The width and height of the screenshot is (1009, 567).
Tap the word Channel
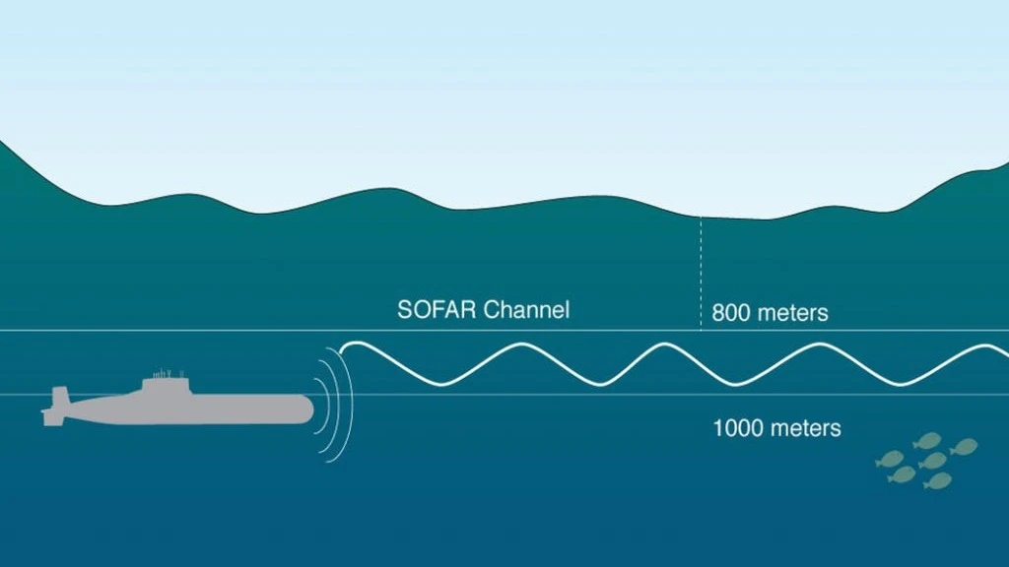click(527, 309)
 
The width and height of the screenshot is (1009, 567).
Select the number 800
click(731, 314)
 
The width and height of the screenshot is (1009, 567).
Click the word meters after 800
click(792, 314)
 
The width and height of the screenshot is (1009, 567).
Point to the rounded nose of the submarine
click(306, 408)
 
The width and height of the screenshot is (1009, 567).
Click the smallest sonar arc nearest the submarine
click(321, 408)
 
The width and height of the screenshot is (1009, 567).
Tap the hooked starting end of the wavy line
click(343, 348)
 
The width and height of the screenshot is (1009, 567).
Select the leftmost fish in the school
click(891, 458)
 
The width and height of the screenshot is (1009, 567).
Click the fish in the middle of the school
click(931, 461)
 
